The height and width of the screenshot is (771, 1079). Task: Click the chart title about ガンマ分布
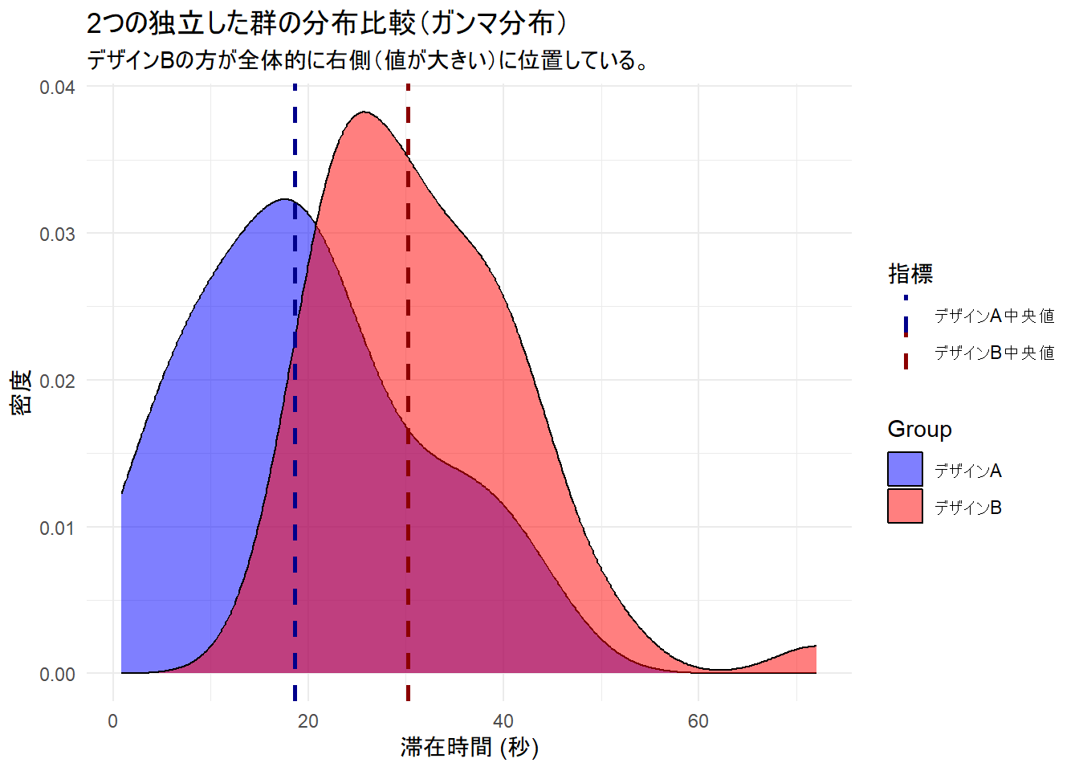[x=328, y=23]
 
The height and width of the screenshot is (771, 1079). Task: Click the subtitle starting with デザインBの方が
[x=368, y=60]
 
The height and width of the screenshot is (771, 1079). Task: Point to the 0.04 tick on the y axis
[x=57, y=87]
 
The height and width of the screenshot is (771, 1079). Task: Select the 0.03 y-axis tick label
[x=57, y=234]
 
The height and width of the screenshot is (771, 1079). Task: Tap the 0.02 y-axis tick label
[x=57, y=381]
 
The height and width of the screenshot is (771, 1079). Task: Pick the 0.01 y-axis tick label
[x=57, y=528]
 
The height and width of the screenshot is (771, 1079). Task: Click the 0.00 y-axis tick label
[x=57, y=674]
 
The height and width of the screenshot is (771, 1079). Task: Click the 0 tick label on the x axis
[x=113, y=720]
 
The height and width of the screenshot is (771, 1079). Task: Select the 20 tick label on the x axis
[x=308, y=720]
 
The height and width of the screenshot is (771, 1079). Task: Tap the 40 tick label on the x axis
[x=503, y=720]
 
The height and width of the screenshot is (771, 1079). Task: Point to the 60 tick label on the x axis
[x=698, y=720]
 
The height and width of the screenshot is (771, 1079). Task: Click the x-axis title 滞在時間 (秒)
[x=470, y=747]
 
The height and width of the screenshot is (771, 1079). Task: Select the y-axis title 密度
[x=22, y=392]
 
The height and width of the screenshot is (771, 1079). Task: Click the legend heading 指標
[x=910, y=274]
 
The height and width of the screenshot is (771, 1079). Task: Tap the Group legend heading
[x=919, y=429]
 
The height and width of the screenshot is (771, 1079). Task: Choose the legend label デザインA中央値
[x=994, y=316]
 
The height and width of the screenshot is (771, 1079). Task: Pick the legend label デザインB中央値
[x=994, y=353]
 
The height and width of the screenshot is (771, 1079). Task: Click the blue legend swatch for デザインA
[x=905, y=470]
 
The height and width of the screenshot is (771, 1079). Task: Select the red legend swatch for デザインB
[x=905, y=507]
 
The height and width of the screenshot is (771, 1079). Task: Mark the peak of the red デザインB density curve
[x=365, y=112]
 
